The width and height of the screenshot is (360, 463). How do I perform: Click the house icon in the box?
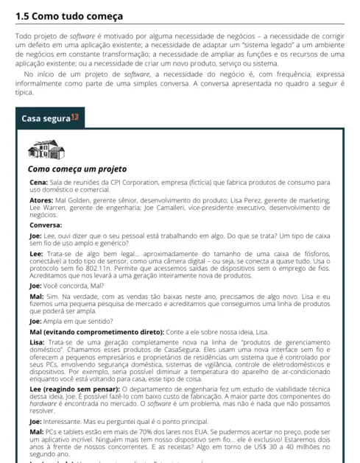(x=46, y=150)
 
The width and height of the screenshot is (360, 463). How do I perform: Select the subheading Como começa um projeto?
(x=77, y=169)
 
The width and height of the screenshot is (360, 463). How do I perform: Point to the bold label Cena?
(x=38, y=181)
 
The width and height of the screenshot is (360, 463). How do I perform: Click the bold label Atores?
(x=40, y=200)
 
